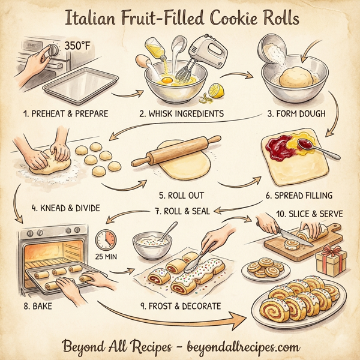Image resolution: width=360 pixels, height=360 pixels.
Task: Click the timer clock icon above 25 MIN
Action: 106,238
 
